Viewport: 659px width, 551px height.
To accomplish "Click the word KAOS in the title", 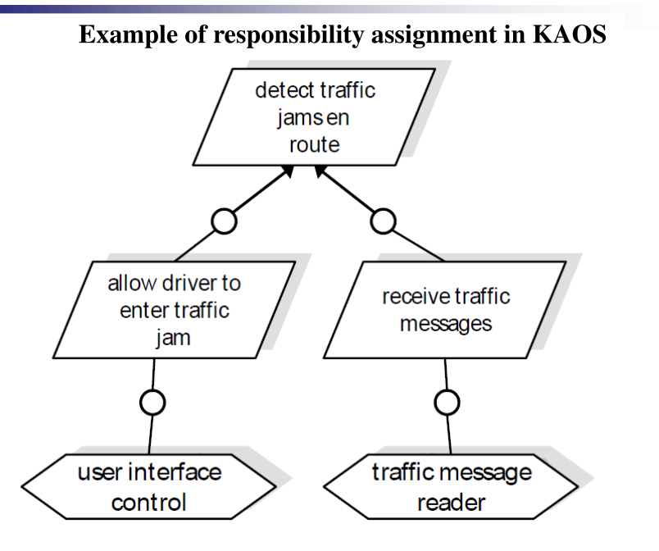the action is pos(570,34).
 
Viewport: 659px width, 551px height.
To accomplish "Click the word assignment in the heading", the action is pos(434,35).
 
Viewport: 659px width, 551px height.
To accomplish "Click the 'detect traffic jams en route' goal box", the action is pos(314,116).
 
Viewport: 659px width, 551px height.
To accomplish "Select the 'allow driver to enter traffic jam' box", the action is pos(174,310).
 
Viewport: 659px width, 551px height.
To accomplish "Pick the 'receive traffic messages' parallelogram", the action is pos(445,310).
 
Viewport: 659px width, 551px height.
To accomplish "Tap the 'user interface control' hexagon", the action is pos(149,487).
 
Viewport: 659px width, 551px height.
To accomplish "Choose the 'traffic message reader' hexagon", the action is pos(451,487).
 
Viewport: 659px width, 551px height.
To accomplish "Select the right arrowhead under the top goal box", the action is pos(320,171).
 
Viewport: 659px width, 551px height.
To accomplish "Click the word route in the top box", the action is pos(315,145).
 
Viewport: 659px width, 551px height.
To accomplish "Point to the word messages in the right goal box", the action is pos(446,324).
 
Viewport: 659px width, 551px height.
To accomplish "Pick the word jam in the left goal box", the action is pos(173,338).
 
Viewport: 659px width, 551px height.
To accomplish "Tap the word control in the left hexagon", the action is pos(149,503).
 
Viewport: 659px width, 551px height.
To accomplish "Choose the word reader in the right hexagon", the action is pos(452,503).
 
